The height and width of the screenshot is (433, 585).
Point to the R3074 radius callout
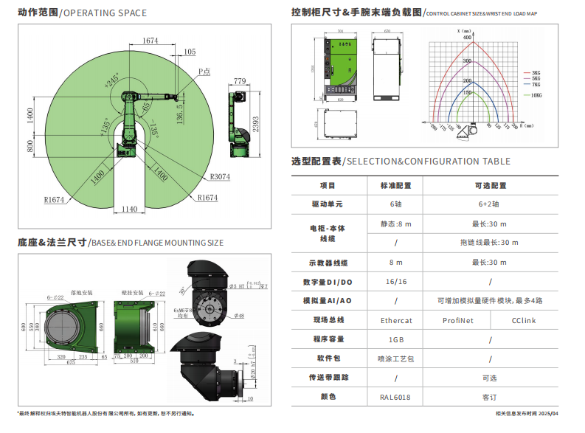click(220, 176)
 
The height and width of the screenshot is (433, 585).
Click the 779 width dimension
click(239, 80)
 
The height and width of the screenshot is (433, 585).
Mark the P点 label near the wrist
click(204, 72)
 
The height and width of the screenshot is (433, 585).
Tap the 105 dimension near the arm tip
click(189, 52)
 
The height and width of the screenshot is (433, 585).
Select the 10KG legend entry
click(536, 96)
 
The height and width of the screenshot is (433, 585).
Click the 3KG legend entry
click(536, 73)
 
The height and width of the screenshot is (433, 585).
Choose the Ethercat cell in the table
click(396, 320)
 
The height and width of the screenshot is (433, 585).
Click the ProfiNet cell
click(457, 320)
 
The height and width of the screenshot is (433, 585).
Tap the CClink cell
click(524, 320)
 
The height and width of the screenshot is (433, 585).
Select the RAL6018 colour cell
click(395, 397)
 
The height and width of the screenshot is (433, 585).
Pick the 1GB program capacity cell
click(395, 339)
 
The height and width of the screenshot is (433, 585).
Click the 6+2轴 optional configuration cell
click(488, 204)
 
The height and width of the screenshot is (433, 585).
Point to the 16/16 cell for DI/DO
click(396, 282)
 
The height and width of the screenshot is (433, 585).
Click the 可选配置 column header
click(488, 185)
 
